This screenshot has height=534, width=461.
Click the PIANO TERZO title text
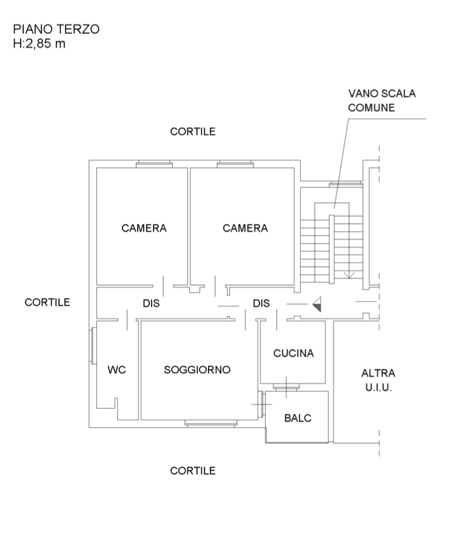point(56,29)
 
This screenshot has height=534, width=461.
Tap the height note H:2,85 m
point(39,43)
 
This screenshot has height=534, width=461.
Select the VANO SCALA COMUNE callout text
point(382,101)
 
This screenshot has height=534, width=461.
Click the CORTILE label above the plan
point(193,132)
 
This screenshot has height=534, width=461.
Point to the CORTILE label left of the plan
point(48,302)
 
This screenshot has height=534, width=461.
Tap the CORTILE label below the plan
point(193,470)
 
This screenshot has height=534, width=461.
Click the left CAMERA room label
point(144,228)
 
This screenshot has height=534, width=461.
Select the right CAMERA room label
point(245,228)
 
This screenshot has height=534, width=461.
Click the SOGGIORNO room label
point(197,370)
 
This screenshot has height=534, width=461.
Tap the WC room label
point(116,370)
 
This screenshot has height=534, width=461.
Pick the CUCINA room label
point(294,353)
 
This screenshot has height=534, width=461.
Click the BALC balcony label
point(298,418)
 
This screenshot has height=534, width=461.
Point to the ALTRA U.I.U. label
point(378,380)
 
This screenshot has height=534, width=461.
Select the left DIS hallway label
point(151,303)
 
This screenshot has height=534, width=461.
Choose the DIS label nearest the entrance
point(261,303)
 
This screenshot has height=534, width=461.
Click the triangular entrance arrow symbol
point(317,303)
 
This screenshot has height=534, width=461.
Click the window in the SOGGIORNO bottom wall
point(210,424)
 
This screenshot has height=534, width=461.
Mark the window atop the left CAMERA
point(154,163)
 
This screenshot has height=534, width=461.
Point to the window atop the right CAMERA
point(235,163)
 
